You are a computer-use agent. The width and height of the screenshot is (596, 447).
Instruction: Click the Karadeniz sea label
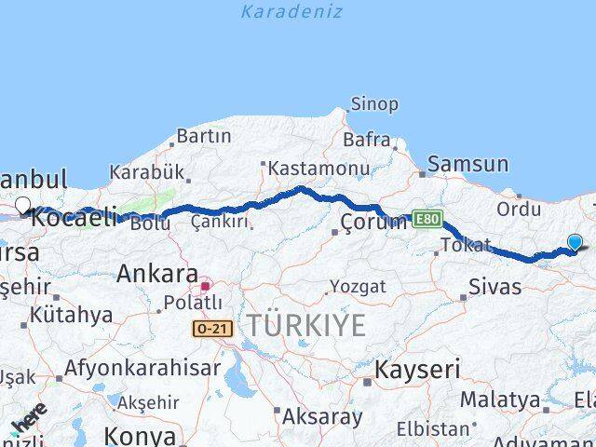(291, 12)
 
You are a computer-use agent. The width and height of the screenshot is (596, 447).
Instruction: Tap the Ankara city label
(156, 274)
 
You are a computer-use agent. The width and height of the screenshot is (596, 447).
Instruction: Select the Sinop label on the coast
(373, 104)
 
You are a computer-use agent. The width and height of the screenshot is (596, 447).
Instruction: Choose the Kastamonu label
(318, 169)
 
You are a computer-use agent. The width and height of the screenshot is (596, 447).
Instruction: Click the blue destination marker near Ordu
(576, 243)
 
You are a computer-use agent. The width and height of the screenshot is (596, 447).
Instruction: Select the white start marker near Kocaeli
(22, 206)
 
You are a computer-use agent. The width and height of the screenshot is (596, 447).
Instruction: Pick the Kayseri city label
(417, 370)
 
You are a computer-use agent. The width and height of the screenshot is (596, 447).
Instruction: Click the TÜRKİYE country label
(305, 325)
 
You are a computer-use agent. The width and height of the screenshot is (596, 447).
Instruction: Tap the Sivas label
(495, 287)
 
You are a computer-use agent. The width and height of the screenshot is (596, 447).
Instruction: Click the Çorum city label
(373, 222)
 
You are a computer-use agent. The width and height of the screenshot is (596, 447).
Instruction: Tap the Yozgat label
(357, 286)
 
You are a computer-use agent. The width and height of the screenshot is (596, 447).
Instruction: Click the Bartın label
(203, 136)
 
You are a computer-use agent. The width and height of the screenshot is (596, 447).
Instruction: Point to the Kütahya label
(71, 315)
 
